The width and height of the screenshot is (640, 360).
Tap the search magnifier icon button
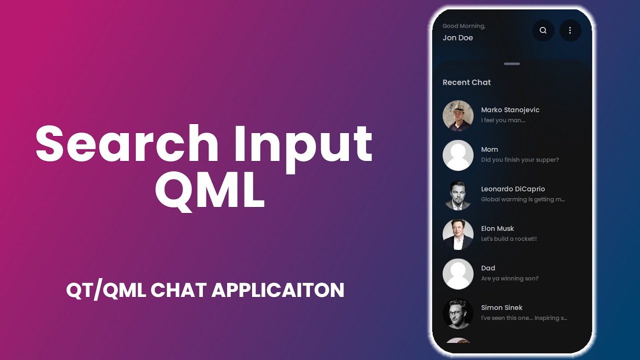point(543,30)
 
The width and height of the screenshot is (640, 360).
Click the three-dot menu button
point(570,30)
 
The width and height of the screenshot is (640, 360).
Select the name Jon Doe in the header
point(457,38)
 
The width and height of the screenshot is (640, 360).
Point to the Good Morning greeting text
point(463,26)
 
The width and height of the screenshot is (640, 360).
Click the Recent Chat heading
point(466,82)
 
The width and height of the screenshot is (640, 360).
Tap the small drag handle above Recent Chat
point(512,64)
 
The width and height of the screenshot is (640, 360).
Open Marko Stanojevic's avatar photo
point(458,115)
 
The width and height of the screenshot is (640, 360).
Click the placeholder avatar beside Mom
point(458,155)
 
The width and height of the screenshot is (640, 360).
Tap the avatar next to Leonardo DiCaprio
point(458,194)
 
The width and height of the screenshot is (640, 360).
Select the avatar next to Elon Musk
point(458,234)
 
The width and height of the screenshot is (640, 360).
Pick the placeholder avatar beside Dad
point(458,273)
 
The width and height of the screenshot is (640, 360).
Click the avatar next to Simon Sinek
point(458,313)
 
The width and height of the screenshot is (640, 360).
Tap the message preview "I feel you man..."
point(503,120)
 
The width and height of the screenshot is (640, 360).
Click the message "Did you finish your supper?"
point(520,160)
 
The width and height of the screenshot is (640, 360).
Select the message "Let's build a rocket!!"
point(508,239)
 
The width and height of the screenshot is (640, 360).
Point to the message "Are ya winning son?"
point(509,278)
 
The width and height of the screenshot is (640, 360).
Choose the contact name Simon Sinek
point(502,307)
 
